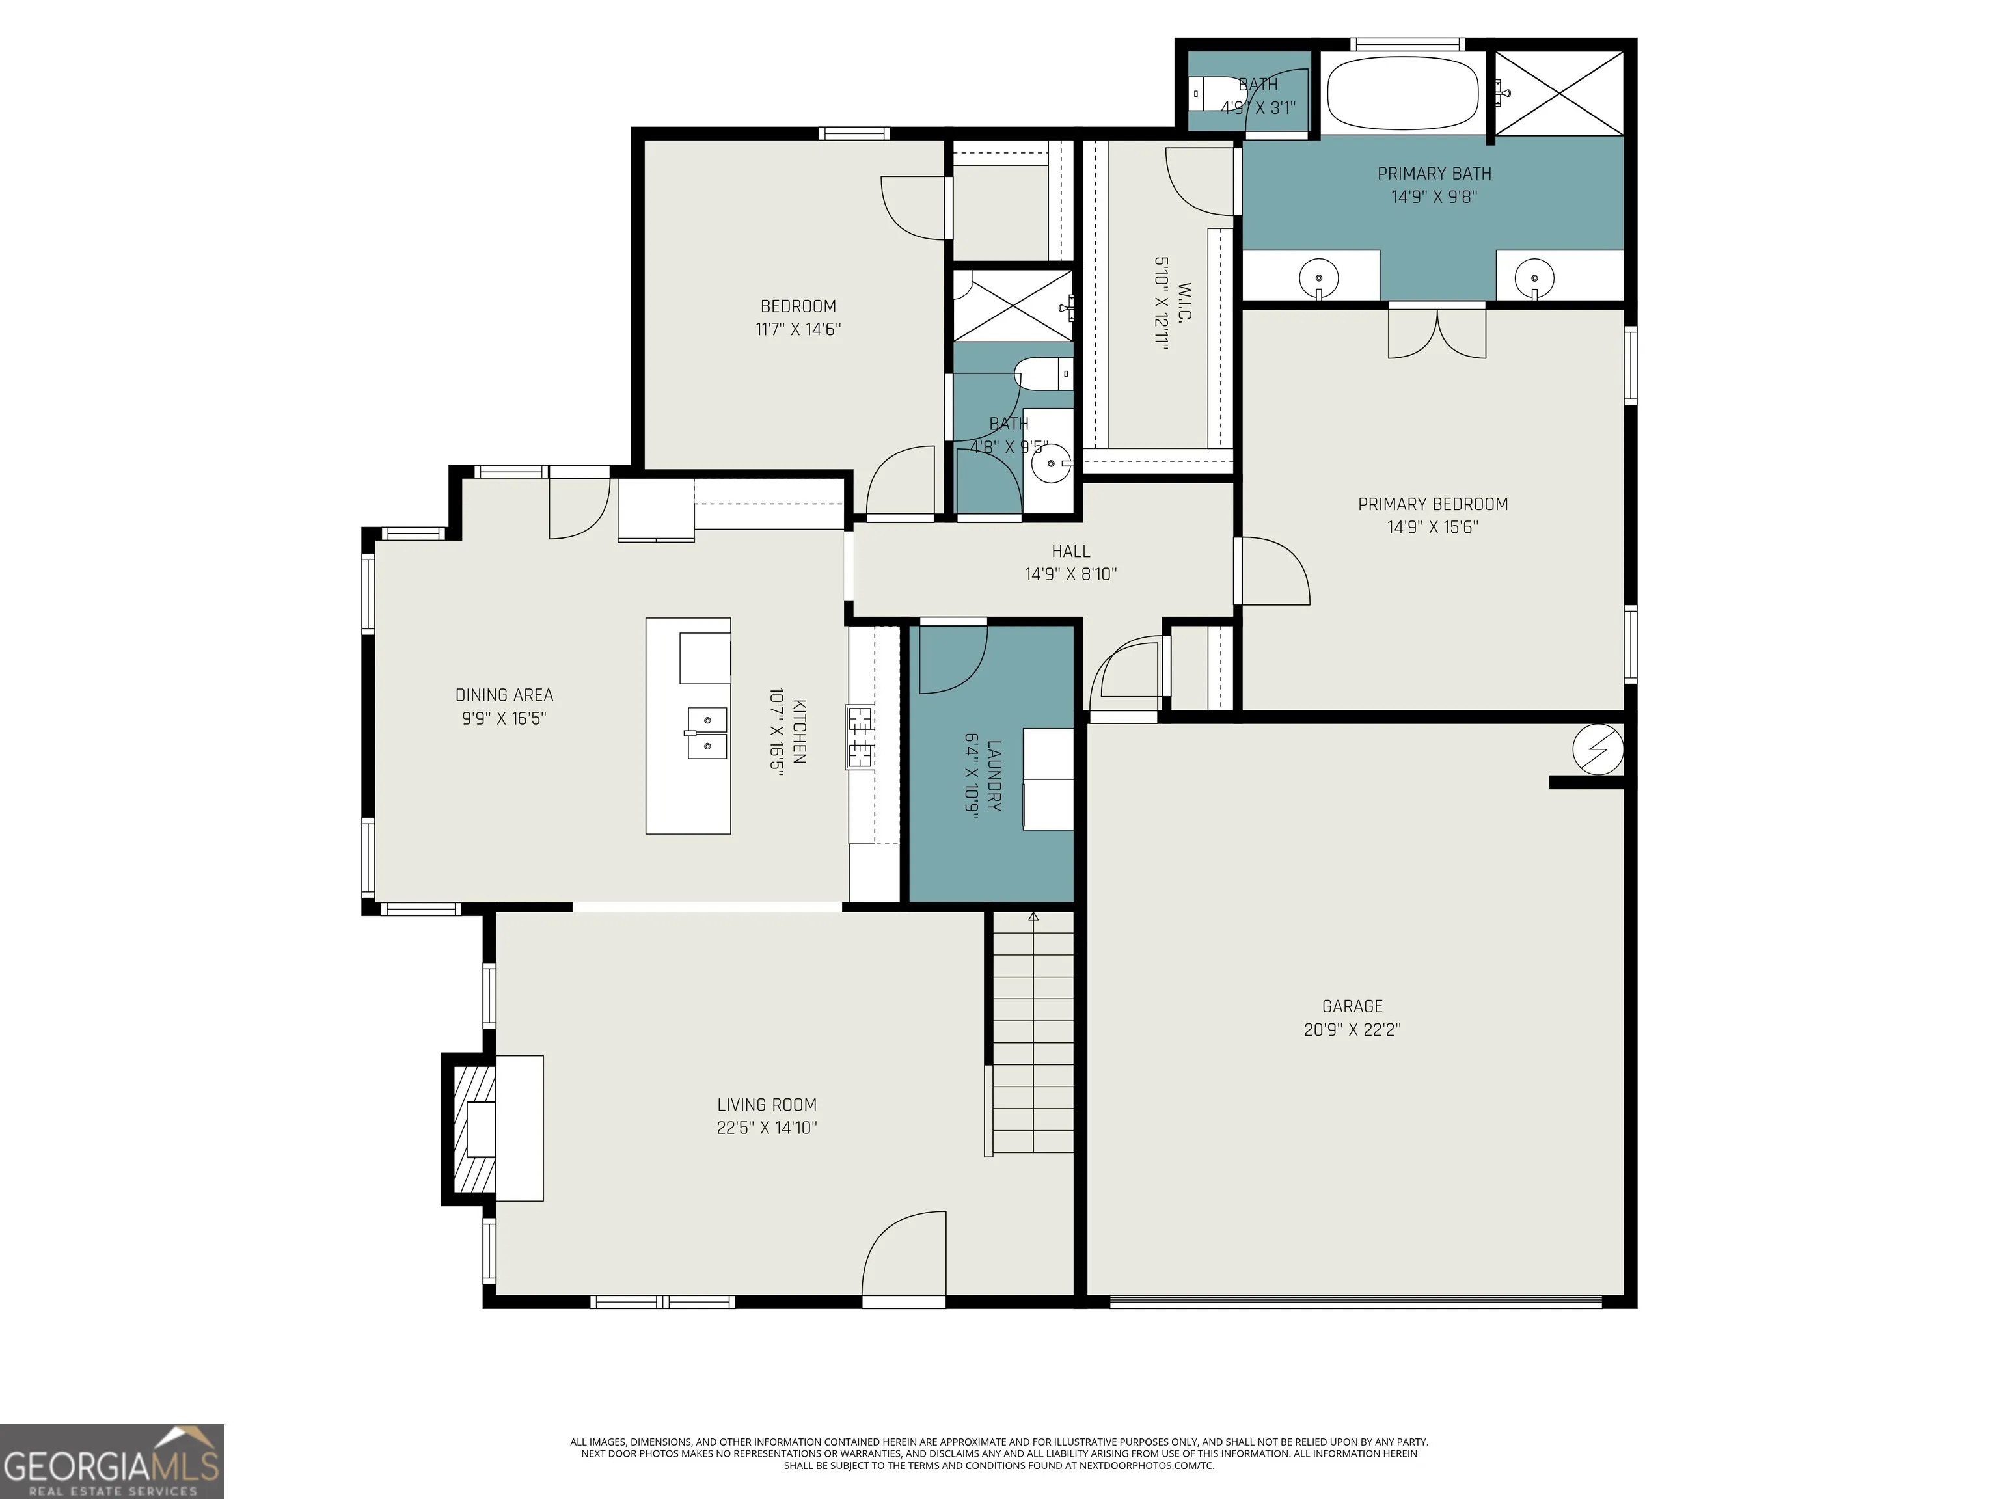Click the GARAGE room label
pyautogui.click(x=1352, y=1006)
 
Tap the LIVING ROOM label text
pyautogui.click(x=767, y=1104)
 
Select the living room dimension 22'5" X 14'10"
pyautogui.click(x=767, y=1128)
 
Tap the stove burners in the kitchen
pyautogui.click(x=860, y=737)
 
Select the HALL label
pyautogui.click(x=1071, y=550)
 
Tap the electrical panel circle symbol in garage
pyautogui.click(x=1598, y=749)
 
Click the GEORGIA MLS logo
pyautogui.click(x=112, y=1461)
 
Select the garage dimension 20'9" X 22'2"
pyautogui.click(x=1352, y=1029)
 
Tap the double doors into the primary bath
pyautogui.click(x=1437, y=332)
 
